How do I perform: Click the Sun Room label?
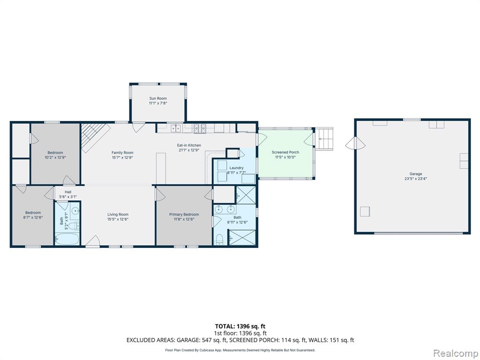click(x=158, y=98)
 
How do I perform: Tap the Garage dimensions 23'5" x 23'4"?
click(x=415, y=179)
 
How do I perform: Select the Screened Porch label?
click(x=285, y=152)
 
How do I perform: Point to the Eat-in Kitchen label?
click(x=189, y=145)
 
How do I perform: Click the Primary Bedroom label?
click(x=184, y=214)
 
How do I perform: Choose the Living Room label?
click(x=118, y=214)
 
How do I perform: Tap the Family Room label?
click(x=122, y=152)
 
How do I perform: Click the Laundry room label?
click(x=236, y=168)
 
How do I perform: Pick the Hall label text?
click(x=68, y=192)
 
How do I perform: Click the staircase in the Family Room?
click(x=95, y=137)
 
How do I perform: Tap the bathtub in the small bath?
click(x=67, y=239)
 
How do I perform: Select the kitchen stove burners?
click(x=200, y=128)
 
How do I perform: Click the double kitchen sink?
click(x=176, y=128)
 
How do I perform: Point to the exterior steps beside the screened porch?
click(x=324, y=139)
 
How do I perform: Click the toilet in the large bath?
click(x=219, y=240)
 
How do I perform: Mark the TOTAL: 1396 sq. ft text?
click(x=238, y=326)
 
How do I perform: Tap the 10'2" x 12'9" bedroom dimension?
click(x=55, y=157)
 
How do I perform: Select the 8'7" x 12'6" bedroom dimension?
click(x=33, y=217)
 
